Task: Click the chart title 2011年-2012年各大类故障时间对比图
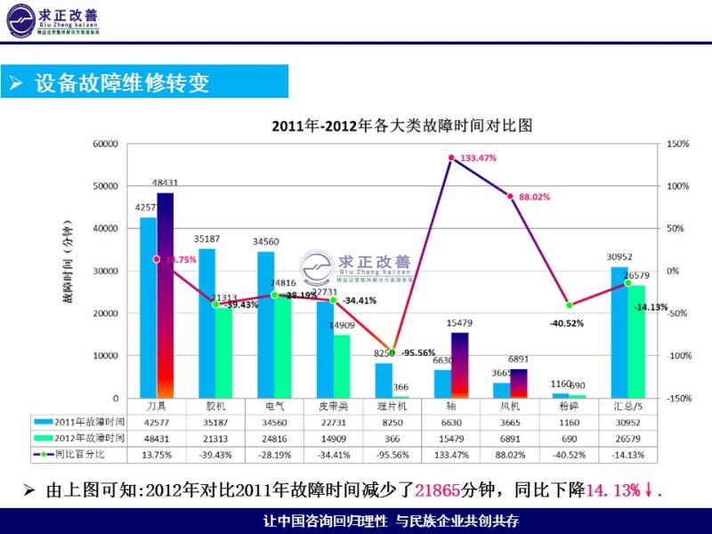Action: point(402,125)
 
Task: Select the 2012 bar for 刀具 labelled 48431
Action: point(166,294)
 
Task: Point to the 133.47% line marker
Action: point(451,158)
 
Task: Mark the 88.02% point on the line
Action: point(510,196)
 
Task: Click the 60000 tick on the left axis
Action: point(105,143)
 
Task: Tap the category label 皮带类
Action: point(333,406)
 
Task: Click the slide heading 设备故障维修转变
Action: point(121,84)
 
